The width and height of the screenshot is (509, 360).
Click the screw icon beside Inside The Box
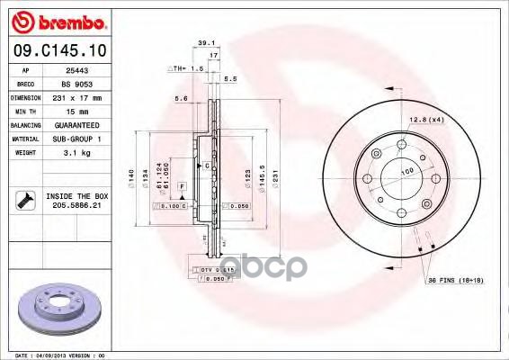click(x=22, y=200)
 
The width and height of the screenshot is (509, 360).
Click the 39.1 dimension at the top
click(x=205, y=42)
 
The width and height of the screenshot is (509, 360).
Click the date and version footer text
click(x=56, y=355)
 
